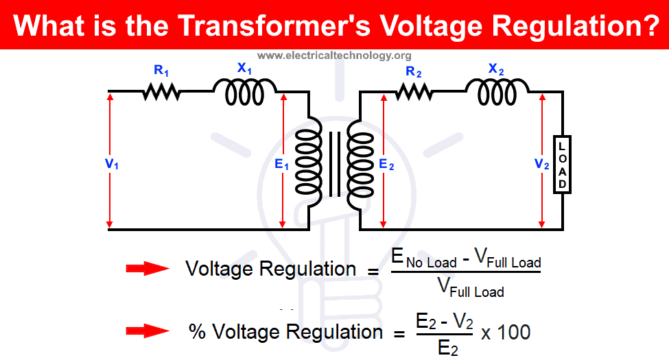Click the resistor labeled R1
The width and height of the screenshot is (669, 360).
(161, 91)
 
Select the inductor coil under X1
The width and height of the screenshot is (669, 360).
(244, 92)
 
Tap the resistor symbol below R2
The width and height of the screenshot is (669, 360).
(413, 91)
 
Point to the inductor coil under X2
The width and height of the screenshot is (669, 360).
(497, 92)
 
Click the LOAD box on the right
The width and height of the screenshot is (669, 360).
(562, 165)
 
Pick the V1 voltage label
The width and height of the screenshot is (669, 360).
(113, 164)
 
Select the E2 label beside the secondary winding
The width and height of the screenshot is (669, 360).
(386, 165)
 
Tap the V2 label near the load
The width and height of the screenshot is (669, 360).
(542, 165)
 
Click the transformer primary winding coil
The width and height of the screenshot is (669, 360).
(308, 163)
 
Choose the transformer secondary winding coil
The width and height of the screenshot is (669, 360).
(359, 163)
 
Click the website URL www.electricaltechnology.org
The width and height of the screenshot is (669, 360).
(334, 56)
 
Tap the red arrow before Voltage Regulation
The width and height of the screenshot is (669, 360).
(147, 269)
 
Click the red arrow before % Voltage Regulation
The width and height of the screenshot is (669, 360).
(147, 332)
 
